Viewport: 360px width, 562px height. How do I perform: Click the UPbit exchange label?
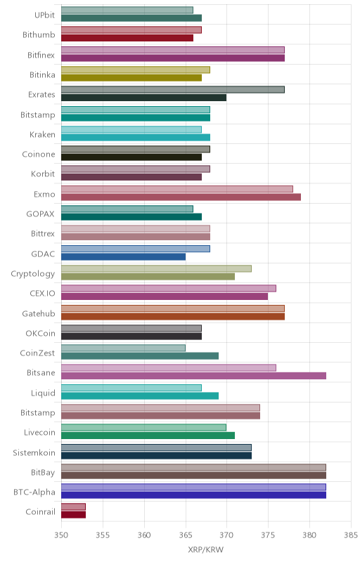(x=44, y=15)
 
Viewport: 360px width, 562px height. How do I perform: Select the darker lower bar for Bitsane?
(x=193, y=376)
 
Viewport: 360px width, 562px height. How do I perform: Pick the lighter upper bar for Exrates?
(x=173, y=90)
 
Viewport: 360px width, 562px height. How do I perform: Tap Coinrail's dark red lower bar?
(x=74, y=515)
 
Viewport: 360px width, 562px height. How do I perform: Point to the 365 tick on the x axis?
(x=186, y=535)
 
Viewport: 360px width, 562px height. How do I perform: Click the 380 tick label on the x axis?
(x=309, y=535)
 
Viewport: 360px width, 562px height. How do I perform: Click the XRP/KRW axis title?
(x=205, y=550)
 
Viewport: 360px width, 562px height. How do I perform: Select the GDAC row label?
(x=43, y=254)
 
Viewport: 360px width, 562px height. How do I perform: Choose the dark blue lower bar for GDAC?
(x=123, y=256)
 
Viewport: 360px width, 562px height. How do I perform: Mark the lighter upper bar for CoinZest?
(x=123, y=348)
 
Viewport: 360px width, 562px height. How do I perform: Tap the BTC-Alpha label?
(x=34, y=492)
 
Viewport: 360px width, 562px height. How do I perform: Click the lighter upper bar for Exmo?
(x=177, y=189)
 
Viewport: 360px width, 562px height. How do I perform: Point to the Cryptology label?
(x=33, y=274)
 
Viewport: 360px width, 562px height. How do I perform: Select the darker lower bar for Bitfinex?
(x=173, y=58)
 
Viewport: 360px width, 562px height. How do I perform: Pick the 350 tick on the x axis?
(x=61, y=535)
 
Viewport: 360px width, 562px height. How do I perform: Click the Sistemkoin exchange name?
(x=34, y=452)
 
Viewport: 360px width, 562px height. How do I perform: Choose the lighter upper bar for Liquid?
(x=131, y=388)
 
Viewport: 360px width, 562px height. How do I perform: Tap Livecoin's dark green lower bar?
(x=148, y=436)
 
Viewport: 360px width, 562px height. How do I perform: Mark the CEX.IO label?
(x=42, y=294)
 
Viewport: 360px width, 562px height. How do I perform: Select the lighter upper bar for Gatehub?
(x=173, y=308)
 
